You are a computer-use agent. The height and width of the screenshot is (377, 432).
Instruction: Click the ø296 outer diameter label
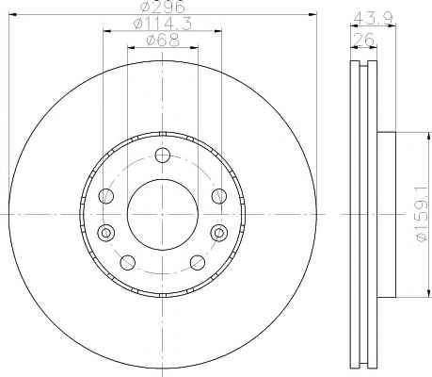coord(162,7)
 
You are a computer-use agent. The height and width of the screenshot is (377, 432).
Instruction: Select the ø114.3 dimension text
coord(162,24)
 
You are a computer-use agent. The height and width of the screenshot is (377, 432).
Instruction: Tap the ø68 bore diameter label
coord(163,41)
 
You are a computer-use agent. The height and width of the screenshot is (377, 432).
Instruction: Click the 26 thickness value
coord(364,40)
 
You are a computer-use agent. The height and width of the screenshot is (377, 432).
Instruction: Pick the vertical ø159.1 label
coord(423,214)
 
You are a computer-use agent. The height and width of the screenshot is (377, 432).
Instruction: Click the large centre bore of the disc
coord(163,215)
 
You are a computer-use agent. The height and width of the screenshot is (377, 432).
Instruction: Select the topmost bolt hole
coord(163,156)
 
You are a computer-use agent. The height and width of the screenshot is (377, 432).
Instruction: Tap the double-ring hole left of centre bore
coord(106,233)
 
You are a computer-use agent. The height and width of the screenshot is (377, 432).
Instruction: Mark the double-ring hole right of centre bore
coord(219,233)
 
